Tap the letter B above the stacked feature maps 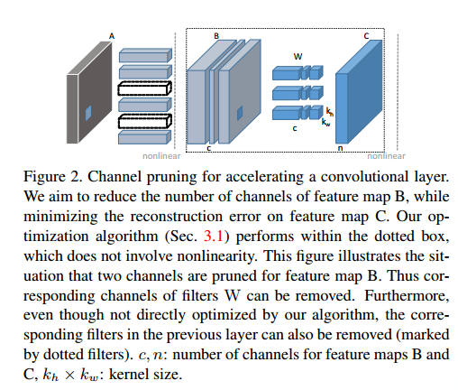click(x=216, y=35)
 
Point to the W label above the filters click(x=298, y=56)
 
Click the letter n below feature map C click(x=340, y=145)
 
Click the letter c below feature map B click(x=208, y=146)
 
